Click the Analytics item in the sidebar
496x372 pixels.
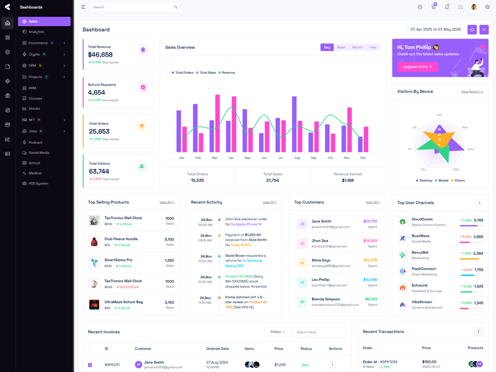click(x=36, y=32)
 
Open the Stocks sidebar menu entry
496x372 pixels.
click(x=34, y=108)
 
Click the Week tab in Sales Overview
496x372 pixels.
click(x=341, y=47)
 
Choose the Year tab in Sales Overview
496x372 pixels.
click(x=373, y=47)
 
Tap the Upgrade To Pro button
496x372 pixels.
click(x=417, y=66)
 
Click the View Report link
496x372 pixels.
click(x=472, y=92)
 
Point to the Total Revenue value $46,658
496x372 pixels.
click(x=100, y=55)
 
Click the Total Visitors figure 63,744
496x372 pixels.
click(x=99, y=171)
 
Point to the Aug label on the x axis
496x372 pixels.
click(x=297, y=158)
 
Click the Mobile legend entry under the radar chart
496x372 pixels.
click(x=443, y=180)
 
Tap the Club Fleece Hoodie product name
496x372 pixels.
click(x=121, y=239)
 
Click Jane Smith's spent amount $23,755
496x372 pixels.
click(x=370, y=221)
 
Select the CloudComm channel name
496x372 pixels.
click(x=422, y=219)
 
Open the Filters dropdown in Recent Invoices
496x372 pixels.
click(x=277, y=332)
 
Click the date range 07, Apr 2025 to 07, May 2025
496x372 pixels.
click(x=436, y=29)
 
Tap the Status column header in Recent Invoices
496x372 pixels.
click(x=306, y=348)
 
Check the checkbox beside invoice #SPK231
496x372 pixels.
click(x=90, y=365)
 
